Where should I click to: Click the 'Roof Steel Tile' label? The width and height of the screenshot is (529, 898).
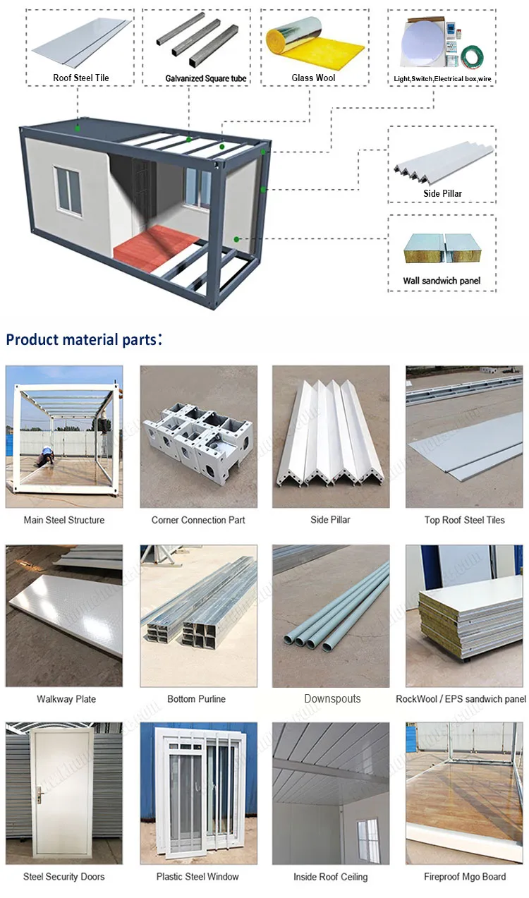tap(81, 78)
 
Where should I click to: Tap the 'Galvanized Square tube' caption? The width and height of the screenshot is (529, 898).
tap(206, 78)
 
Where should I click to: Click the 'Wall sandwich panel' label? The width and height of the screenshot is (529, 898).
tap(442, 281)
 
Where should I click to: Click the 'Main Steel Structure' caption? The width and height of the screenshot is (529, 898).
tap(63, 520)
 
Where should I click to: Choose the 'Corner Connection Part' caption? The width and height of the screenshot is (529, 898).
tap(198, 520)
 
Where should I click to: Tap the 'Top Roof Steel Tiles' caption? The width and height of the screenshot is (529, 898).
tap(464, 520)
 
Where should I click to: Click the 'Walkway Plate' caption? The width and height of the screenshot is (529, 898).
tap(66, 699)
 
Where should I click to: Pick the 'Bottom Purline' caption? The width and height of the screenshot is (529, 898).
tap(196, 699)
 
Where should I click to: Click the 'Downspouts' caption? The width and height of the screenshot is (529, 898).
tap(332, 699)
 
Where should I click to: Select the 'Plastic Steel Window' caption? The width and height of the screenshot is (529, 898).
tap(197, 877)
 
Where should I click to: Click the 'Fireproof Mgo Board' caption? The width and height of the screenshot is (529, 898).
tap(464, 877)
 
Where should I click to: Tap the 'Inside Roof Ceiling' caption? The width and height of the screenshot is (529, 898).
tap(330, 877)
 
